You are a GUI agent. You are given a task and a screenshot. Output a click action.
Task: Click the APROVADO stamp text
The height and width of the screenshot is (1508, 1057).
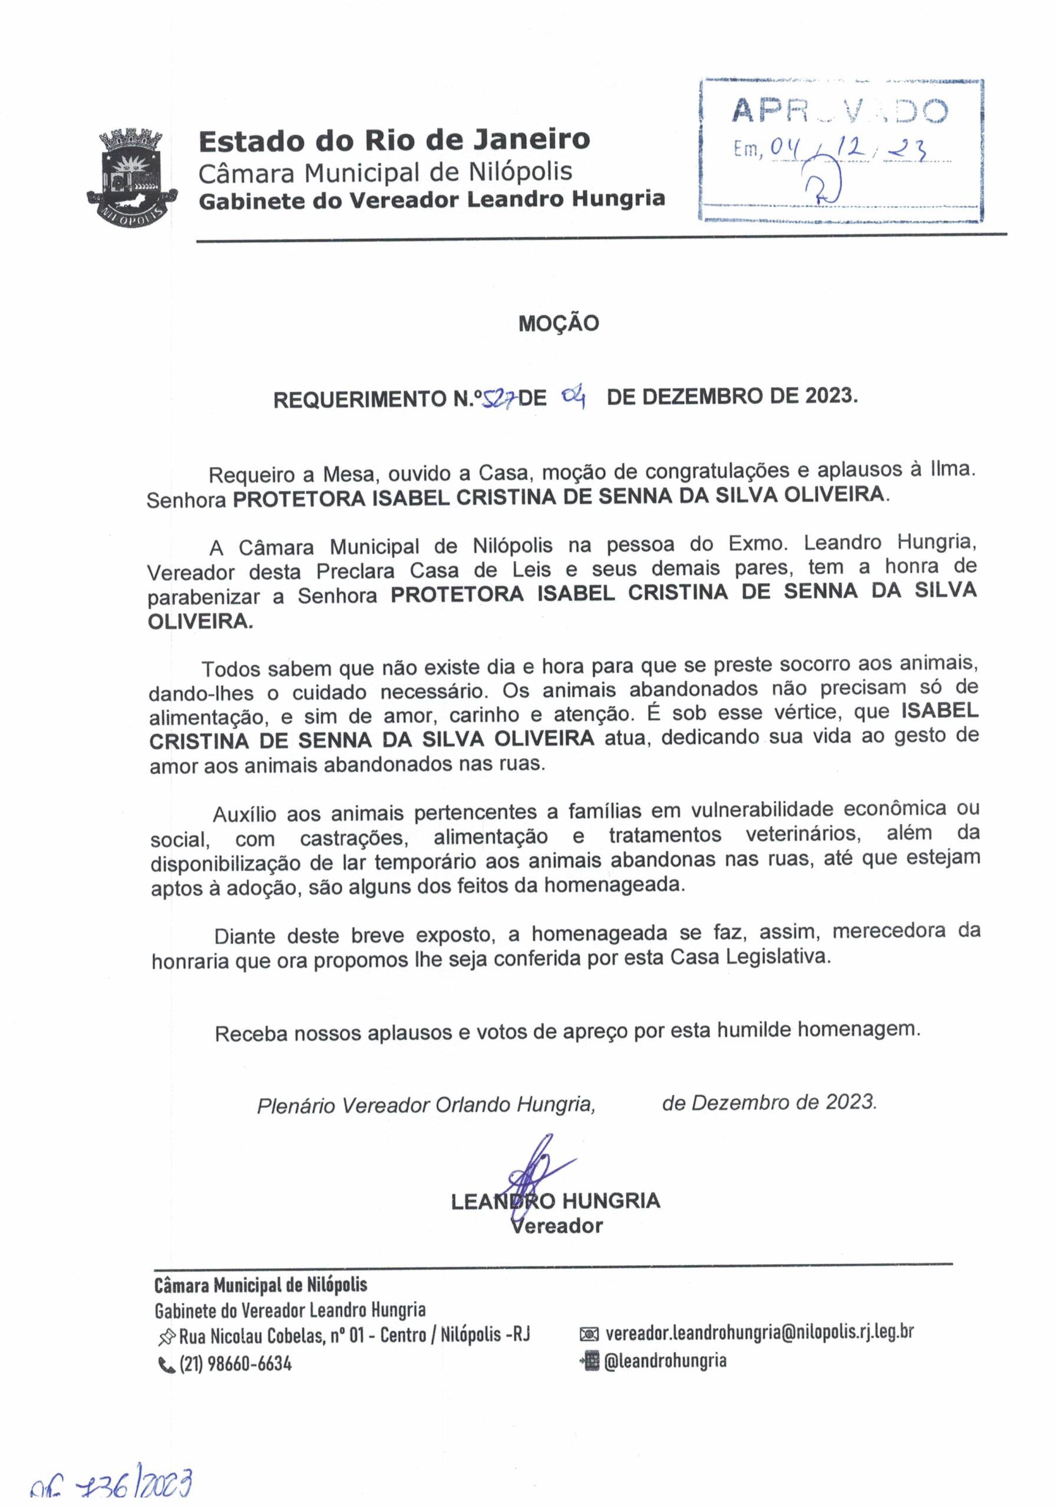(x=840, y=113)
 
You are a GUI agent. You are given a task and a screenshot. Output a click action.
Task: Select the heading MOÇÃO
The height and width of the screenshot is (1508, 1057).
(x=559, y=323)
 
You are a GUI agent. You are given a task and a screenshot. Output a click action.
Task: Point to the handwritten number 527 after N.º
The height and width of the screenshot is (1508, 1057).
(x=498, y=398)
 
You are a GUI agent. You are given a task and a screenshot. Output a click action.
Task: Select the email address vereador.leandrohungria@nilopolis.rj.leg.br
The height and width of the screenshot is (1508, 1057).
(x=759, y=1332)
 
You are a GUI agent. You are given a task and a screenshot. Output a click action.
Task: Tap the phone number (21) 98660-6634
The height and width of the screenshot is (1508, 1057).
(x=235, y=1364)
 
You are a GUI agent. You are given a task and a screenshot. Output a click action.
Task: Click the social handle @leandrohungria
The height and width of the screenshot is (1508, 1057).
(x=665, y=1360)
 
